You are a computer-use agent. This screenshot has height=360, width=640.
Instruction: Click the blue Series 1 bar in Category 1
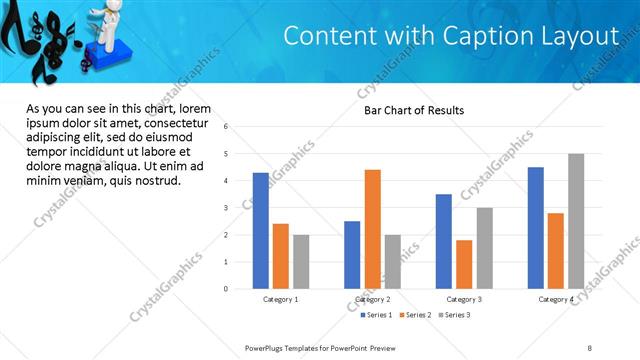(260, 231)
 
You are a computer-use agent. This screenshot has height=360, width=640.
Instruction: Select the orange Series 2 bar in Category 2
(372, 229)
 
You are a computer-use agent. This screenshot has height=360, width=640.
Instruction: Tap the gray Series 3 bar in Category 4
(576, 221)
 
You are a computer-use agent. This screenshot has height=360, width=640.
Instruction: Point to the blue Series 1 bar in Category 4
(536, 228)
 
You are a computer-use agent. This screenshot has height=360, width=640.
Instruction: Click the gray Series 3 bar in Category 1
(301, 262)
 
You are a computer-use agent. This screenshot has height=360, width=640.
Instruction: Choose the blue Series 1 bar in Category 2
(352, 255)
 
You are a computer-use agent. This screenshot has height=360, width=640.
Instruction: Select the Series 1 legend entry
(377, 315)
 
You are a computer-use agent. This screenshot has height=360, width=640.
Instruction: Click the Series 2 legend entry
(417, 315)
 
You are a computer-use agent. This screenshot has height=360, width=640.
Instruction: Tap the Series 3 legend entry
(456, 315)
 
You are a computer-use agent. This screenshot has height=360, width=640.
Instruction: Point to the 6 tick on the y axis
(227, 127)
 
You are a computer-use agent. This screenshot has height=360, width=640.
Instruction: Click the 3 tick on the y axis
(227, 208)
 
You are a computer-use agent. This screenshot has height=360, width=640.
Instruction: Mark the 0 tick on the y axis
(227, 289)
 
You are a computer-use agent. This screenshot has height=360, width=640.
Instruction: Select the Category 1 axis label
(281, 299)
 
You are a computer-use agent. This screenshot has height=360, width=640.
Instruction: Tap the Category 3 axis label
(464, 299)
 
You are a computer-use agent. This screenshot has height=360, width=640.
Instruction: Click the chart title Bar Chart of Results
(413, 110)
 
